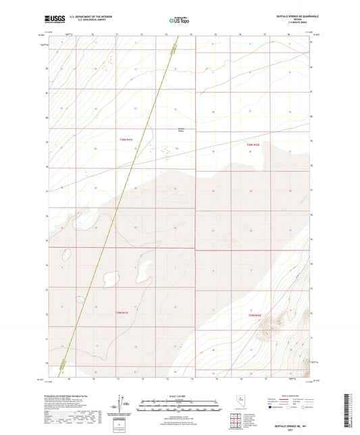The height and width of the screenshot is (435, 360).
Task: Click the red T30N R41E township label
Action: pos(122,139)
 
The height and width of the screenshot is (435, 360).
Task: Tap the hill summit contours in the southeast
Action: pos(265,329)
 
